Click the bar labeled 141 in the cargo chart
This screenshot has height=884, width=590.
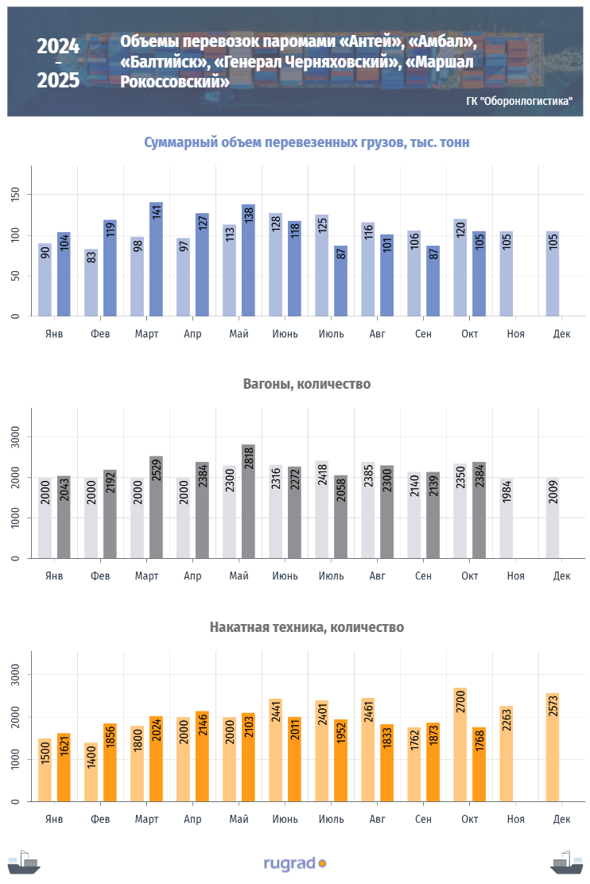156,259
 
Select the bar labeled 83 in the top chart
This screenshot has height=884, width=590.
91,282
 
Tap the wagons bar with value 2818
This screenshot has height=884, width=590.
248,501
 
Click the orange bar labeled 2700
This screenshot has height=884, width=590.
460,744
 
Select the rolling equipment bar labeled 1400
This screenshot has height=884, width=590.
91,772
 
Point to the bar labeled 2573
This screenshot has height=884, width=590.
552,747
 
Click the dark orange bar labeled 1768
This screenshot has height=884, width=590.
479,764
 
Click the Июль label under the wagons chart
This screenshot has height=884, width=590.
332,575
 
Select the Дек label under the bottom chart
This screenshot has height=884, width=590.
561,819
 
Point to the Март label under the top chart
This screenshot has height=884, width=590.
146,334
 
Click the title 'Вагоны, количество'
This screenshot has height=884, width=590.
306,384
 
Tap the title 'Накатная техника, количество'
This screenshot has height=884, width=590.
306,627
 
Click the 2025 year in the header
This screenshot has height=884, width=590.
58,80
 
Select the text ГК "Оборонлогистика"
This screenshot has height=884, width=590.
518,101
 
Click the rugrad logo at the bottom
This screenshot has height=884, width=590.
294,863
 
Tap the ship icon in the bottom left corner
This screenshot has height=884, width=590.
23,863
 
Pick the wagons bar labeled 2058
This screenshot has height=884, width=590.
340,517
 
